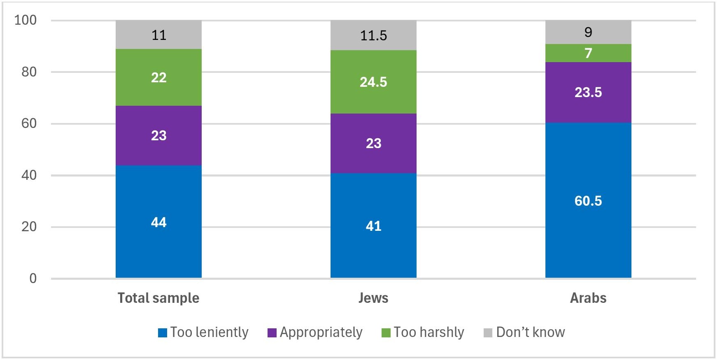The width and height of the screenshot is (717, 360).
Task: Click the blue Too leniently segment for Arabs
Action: [588, 230]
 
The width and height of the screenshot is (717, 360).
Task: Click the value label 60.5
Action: [588, 201]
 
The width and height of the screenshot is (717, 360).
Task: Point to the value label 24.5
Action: [373, 82]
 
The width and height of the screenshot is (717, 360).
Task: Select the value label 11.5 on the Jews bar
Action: [373, 36]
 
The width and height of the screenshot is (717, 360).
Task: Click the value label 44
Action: [158, 223]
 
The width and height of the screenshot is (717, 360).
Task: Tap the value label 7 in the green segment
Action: [588, 53]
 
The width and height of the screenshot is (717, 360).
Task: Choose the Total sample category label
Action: [158, 298]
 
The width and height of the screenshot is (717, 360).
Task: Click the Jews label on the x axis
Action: [373, 298]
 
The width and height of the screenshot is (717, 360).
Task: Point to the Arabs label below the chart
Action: [588, 298]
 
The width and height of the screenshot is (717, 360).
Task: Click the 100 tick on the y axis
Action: [26, 20]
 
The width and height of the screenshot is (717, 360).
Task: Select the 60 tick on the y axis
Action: [29, 123]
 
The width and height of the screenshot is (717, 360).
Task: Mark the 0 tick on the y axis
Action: [33, 279]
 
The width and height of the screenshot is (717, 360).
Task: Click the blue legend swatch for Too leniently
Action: [163, 333]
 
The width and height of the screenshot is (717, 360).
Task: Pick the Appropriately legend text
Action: [321, 332]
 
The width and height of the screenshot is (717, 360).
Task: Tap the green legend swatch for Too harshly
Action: [386, 333]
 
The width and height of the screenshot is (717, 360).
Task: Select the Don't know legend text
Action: [531, 332]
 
